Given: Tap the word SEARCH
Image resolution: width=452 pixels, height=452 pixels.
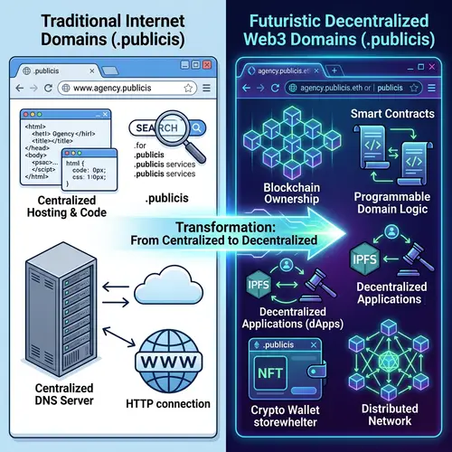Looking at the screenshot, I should tap(152, 128).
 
